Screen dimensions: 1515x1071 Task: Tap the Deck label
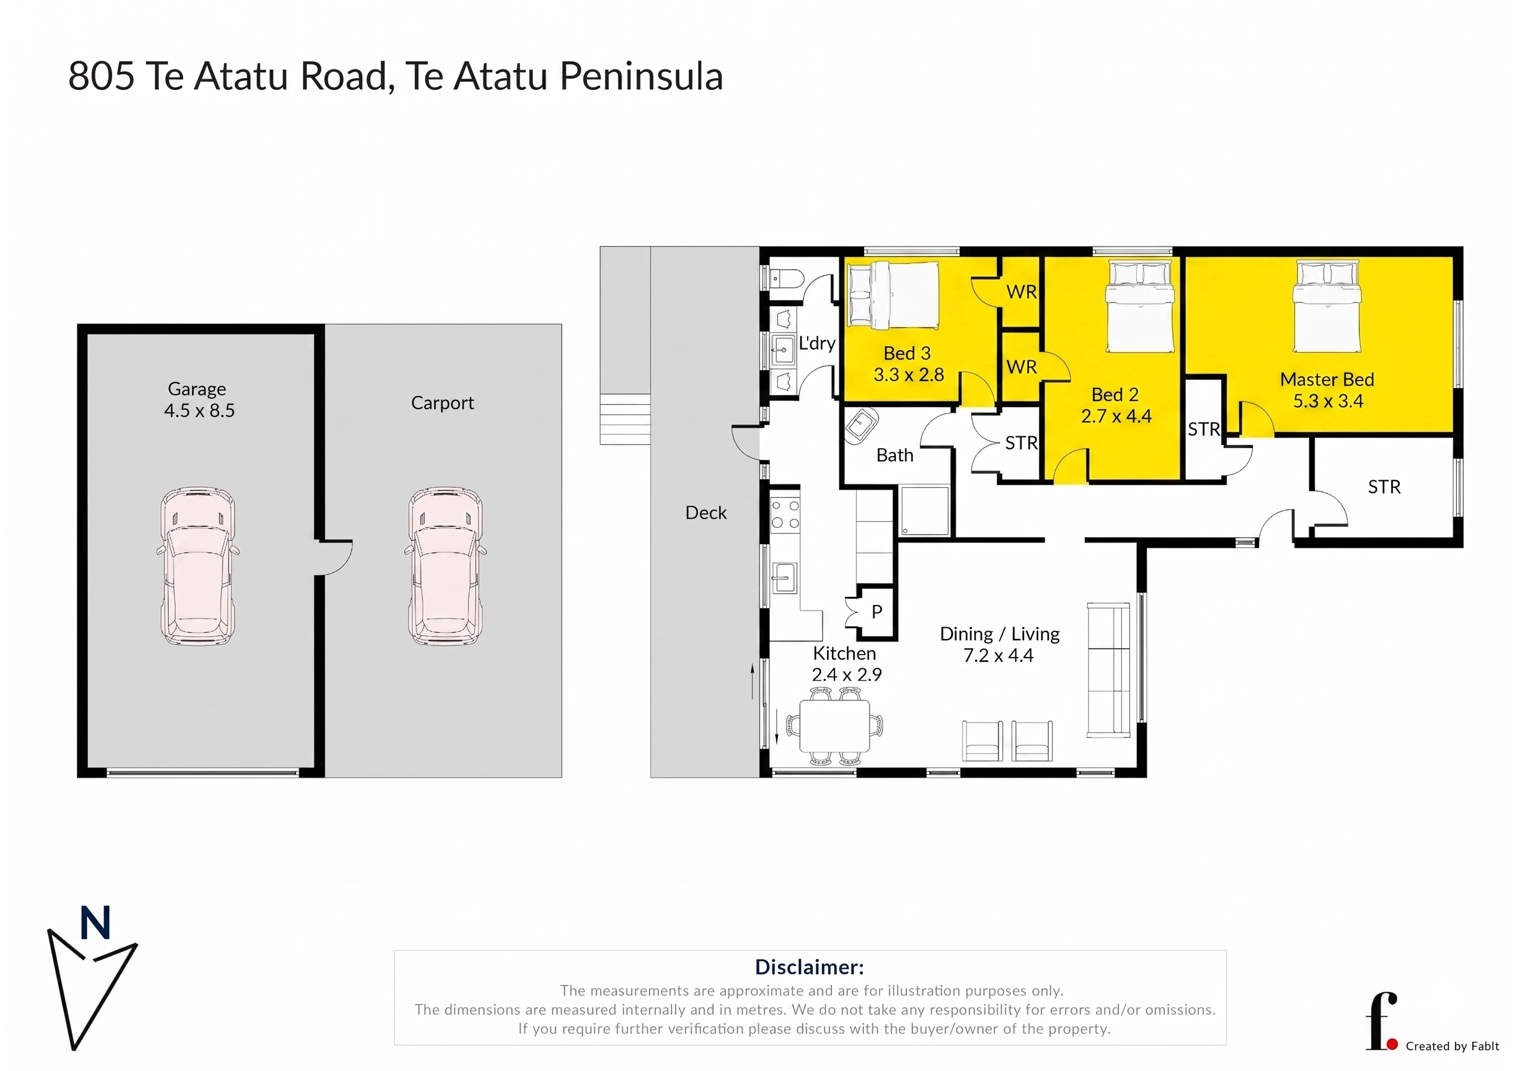click(x=705, y=513)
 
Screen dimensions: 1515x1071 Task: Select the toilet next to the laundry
click(x=785, y=279)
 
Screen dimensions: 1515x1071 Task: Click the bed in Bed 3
click(x=893, y=295)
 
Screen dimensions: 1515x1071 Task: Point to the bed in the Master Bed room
click(x=1327, y=306)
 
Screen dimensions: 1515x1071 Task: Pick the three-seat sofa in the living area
click(x=1108, y=669)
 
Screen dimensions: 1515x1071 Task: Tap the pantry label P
click(x=877, y=612)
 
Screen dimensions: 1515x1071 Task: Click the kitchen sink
click(x=784, y=578)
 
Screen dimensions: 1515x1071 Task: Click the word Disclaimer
click(x=809, y=967)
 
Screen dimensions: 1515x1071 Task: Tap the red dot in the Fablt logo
click(x=1392, y=1044)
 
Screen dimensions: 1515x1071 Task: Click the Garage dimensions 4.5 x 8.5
click(x=199, y=410)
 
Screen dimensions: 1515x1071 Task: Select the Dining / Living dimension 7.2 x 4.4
click(x=999, y=655)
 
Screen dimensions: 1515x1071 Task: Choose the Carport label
click(x=442, y=402)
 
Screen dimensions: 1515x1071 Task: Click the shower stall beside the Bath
click(x=925, y=511)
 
